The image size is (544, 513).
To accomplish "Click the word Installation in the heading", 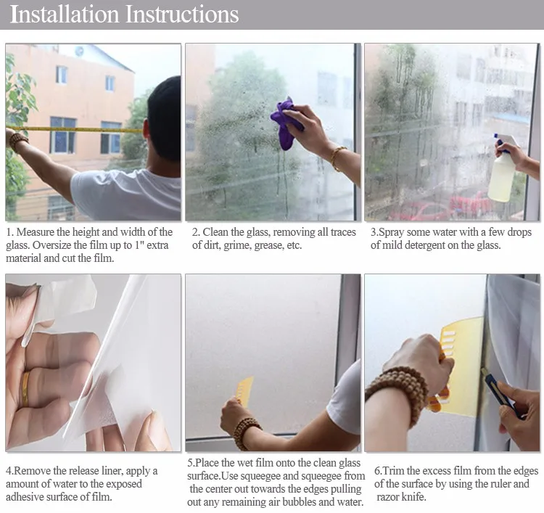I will tap(65, 15).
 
